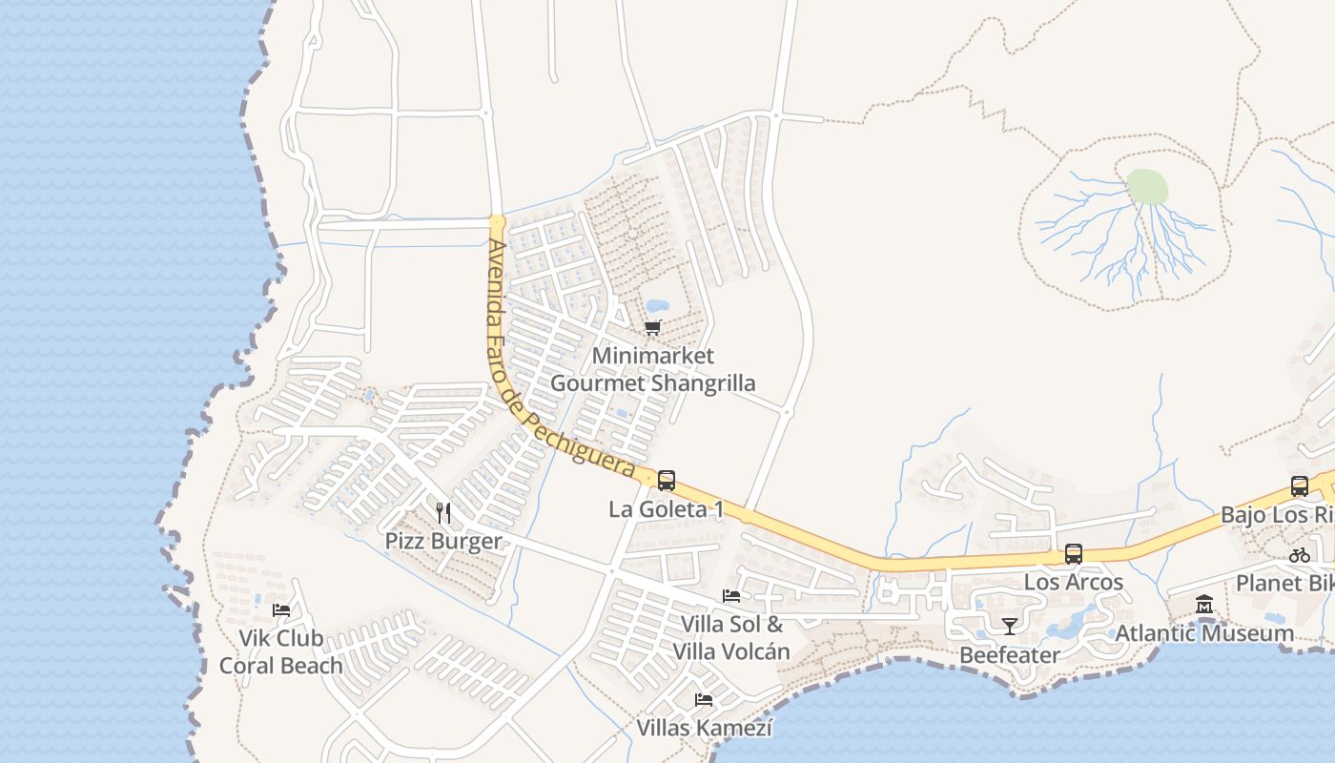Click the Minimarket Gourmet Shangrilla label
click(653, 370)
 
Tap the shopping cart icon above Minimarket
click(653, 328)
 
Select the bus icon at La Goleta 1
click(667, 480)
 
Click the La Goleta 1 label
click(666, 509)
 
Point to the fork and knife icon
click(443, 513)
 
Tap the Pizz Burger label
click(443, 542)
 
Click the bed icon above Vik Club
click(280, 609)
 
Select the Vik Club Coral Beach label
click(280, 652)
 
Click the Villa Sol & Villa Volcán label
click(731, 638)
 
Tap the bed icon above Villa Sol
click(731, 596)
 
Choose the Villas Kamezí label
click(704, 729)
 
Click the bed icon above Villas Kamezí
click(704, 700)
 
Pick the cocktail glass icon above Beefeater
click(1010, 626)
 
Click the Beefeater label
click(1010, 655)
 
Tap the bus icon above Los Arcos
click(1074, 554)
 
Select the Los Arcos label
click(1074, 582)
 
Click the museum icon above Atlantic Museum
click(1204, 605)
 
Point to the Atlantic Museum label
click(1204, 633)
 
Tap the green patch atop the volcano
click(1147, 186)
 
